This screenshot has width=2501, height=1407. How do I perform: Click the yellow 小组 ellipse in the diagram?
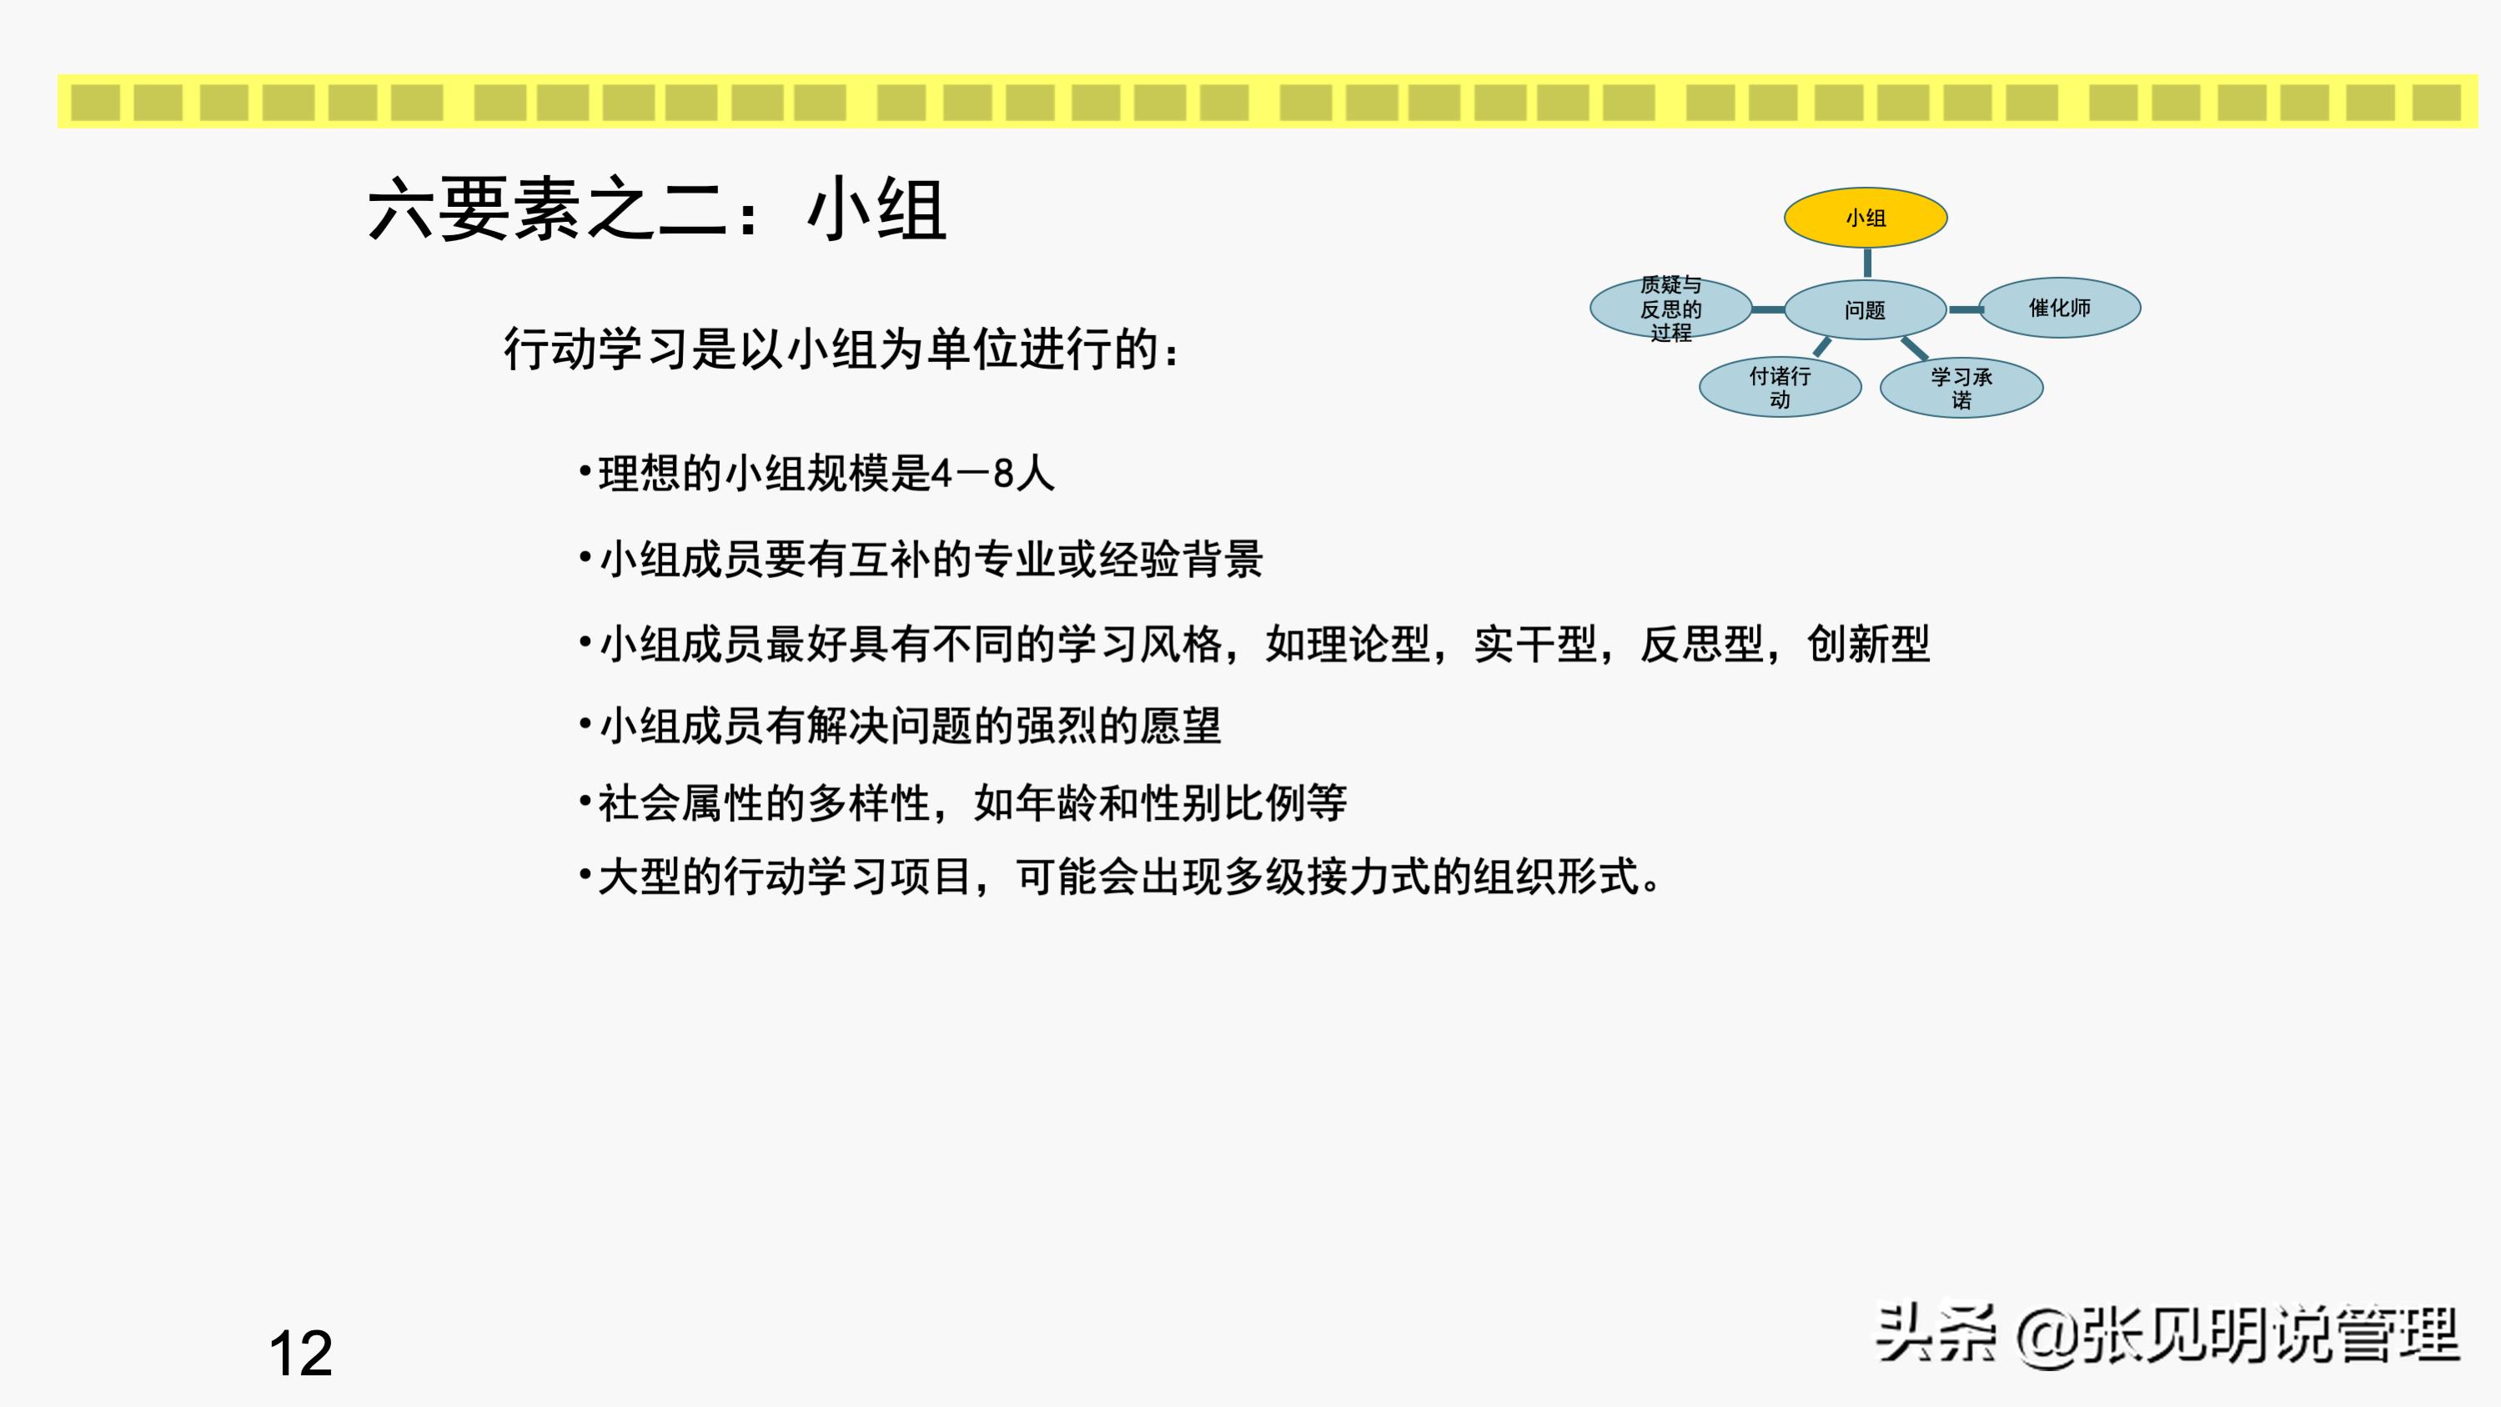[1865, 218]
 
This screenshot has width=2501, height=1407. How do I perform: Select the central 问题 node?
[1865, 309]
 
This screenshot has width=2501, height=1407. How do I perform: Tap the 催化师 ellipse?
[2059, 308]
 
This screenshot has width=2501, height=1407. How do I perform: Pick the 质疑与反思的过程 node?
[1670, 309]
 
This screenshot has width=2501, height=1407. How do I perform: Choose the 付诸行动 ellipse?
[1780, 388]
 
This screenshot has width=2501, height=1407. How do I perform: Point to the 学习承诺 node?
[1961, 389]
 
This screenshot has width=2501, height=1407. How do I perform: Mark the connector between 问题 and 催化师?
[1964, 309]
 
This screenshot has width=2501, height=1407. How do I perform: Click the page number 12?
[300, 1353]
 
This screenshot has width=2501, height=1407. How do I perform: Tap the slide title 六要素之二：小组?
[657, 209]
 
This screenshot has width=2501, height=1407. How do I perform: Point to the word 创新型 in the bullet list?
[1868, 645]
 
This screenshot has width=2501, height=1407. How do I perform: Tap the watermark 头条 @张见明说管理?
[2168, 1335]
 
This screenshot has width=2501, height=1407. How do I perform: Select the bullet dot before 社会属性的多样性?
[585, 802]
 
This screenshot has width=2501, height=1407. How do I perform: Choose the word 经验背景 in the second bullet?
[1181, 560]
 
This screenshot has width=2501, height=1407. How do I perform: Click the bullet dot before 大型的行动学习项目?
[585, 876]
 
